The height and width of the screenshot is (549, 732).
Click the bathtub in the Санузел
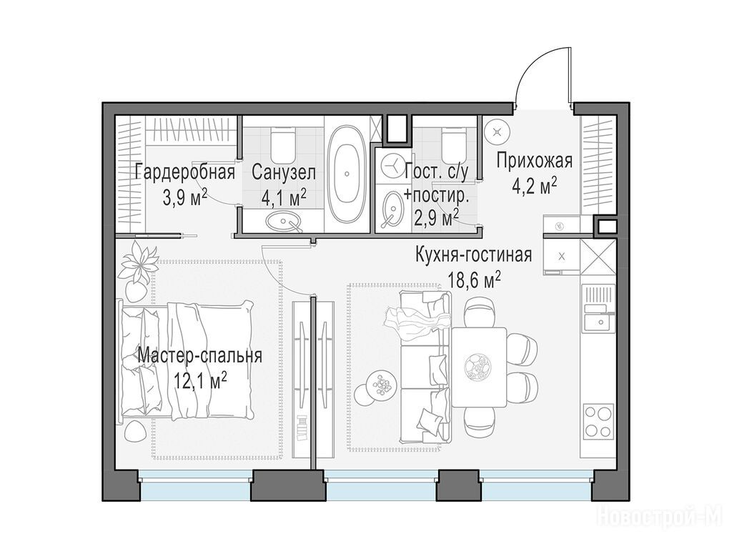347,173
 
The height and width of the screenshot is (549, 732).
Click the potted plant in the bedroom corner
137,269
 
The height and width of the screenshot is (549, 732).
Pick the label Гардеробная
184,172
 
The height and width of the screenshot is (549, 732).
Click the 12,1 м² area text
201,382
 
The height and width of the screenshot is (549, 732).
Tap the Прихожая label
534,161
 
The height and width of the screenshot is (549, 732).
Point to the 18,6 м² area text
475,282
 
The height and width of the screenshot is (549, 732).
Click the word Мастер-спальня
200,356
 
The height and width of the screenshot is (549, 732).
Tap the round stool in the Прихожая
496,132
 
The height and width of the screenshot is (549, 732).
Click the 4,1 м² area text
284,199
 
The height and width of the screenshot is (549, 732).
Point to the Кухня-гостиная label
474,255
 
